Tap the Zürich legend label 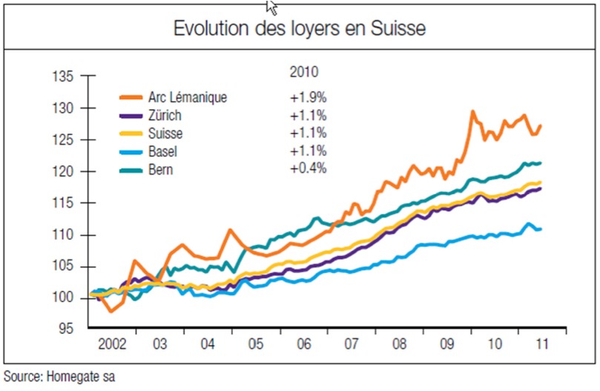165,116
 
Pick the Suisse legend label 165,134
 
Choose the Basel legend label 163,152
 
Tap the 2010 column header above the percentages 302,73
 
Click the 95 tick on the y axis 65,329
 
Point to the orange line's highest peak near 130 472,112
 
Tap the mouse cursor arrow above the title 271,7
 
